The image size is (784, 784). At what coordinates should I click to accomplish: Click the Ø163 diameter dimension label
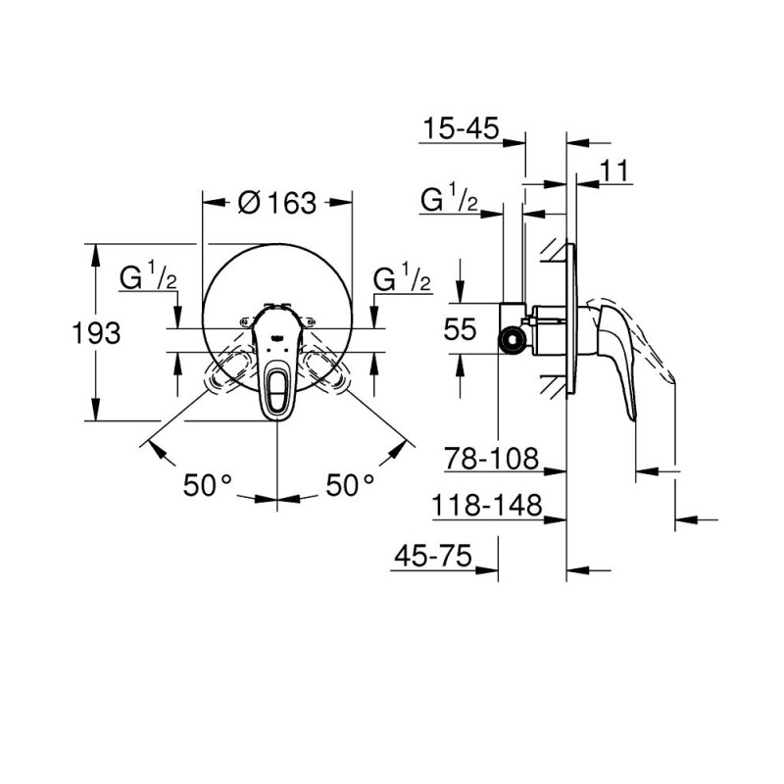pos(277,203)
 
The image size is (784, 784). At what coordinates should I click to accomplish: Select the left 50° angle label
pos(208,484)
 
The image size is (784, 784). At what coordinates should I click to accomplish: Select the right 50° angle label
pos(350,484)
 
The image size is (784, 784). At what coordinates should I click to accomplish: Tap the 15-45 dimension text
pos(461,127)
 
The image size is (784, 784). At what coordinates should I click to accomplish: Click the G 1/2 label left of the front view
pos(148,278)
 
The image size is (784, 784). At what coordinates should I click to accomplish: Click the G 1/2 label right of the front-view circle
pos(403,278)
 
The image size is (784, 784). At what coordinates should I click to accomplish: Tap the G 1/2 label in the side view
pos(449,201)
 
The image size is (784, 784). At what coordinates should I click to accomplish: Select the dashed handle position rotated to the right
pos(327,373)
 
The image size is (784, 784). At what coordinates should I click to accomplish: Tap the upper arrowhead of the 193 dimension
pos(95,251)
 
